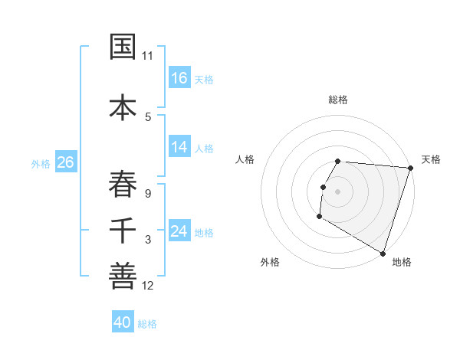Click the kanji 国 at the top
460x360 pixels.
(x=123, y=47)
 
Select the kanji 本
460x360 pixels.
(x=123, y=106)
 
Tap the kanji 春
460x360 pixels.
(x=123, y=184)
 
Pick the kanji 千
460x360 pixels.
(x=123, y=231)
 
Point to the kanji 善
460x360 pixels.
(x=123, y=277)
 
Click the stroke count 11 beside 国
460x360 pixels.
(x=148, y=56)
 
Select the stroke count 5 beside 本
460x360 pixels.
(x=148, y=117)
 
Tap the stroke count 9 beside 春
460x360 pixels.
(x=148, y=193)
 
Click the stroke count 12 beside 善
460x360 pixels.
(x=148, y=286)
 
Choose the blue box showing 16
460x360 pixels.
(x=179, y=78)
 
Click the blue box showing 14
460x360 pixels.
(x=179, y=147)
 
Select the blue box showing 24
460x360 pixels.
(x=179, y=231)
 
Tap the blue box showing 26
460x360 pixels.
(x=65, y=162)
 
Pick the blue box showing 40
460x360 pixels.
(x=123, y=322)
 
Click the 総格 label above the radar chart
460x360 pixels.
(x=337, y=100)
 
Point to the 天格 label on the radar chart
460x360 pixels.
(x=431, y=159)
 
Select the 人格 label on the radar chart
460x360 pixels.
(x=245, y=159)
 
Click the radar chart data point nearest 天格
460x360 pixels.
(x=410, y=168)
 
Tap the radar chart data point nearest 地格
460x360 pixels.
(x=383, y=253)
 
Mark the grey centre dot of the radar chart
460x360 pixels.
(x=337, y=191)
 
